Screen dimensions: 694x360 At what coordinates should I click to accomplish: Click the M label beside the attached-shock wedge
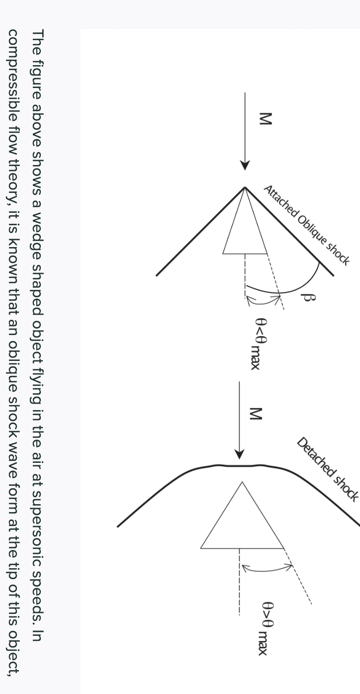coord(267,119)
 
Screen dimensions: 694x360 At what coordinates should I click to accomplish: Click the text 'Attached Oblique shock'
coord(306,224)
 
